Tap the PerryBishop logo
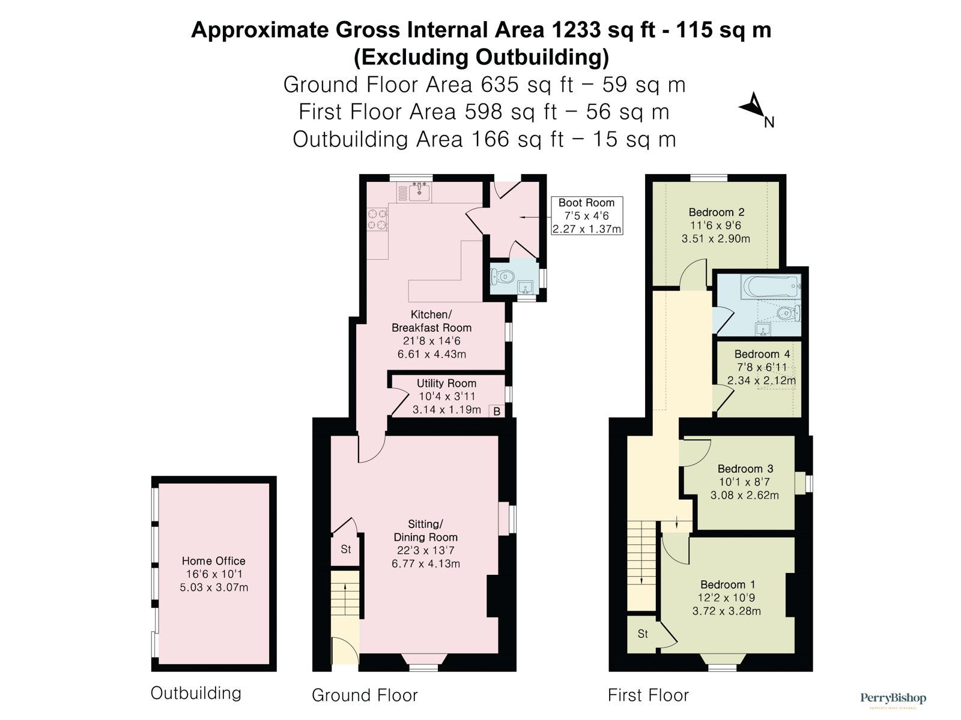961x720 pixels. (x=893, y=698)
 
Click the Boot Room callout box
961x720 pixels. (x=587, y=215)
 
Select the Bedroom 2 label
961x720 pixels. (x=717, y=212)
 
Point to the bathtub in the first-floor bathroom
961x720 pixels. (x=771, y=287)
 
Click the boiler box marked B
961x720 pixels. (x=497, y=411)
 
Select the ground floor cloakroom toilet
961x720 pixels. (x=503, y=276)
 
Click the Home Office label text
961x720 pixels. (x=214, y=561)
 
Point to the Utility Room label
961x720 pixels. (x=446, y=383)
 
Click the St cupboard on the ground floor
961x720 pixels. (x=345, y=549)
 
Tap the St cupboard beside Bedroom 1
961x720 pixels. (x=642, y=634)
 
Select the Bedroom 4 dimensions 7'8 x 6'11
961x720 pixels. (x=762, y=367)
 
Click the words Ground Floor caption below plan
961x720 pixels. (x=365, y=695)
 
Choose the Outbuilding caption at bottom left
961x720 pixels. (x=196, y=694)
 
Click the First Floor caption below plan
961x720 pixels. (x=648, y=695)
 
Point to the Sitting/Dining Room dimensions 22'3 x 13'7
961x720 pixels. (x=426, y=550)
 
